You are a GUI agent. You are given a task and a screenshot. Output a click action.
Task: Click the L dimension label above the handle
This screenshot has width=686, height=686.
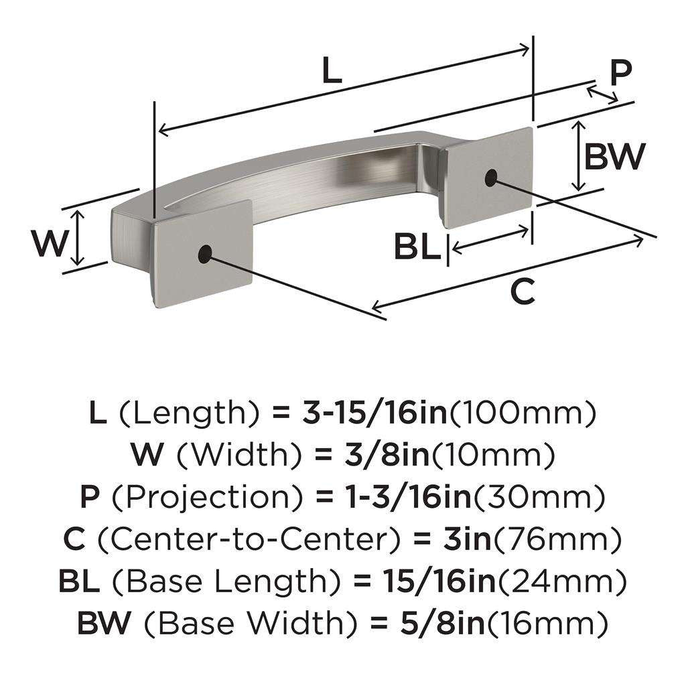(x=332, y=70)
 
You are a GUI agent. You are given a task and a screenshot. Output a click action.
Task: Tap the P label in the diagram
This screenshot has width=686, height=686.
(x=621, y=72)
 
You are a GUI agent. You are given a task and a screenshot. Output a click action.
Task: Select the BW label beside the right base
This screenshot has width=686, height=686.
(x=614, y=157)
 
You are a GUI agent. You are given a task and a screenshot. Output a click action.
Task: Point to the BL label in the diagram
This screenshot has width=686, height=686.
(x=417, y=247)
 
